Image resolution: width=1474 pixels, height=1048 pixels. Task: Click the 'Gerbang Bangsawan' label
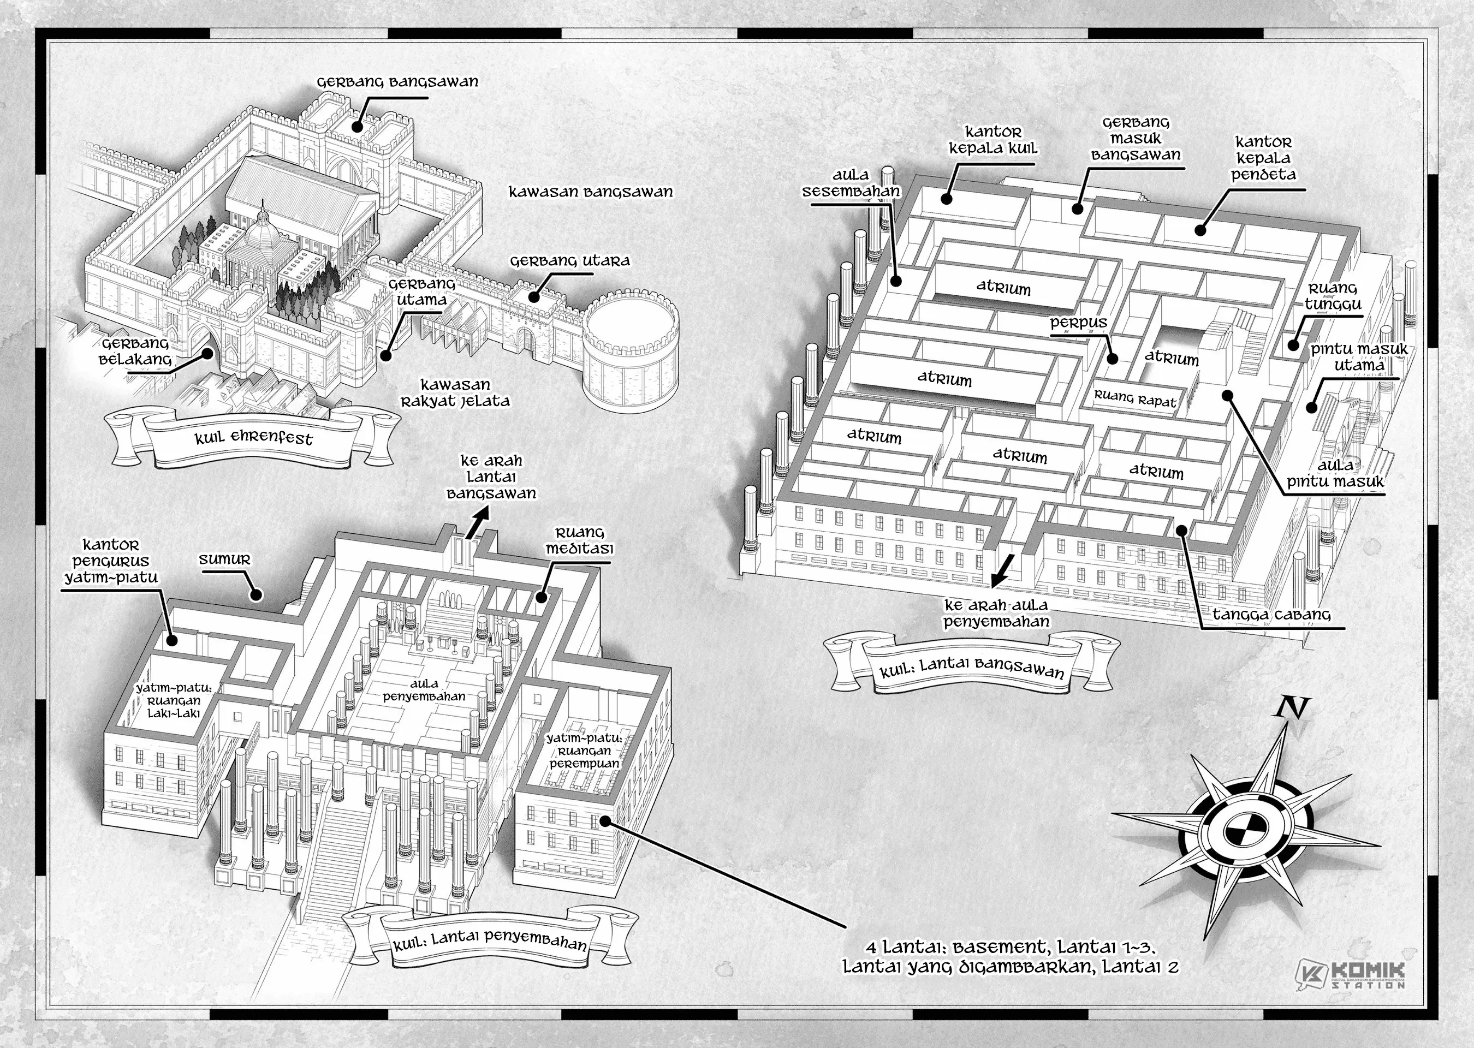click(397, 82)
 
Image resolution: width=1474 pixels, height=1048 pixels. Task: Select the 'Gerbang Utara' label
click(569, 261)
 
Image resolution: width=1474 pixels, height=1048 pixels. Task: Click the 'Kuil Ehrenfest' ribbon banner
click(253, 439)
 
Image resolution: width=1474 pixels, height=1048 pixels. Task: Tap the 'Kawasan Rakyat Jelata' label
click(455, 393)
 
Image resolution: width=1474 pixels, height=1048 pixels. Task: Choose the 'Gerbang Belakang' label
click(134, 352)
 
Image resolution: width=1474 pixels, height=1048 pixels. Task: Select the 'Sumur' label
click(224, 559)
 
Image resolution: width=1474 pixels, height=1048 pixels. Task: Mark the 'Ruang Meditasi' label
click(579, 541)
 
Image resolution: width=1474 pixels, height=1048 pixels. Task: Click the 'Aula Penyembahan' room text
click(424, 690)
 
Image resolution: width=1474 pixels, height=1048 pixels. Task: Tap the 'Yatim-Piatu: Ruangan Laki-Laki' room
click(173, 701)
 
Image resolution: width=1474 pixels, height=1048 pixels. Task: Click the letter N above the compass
click(1293, 708)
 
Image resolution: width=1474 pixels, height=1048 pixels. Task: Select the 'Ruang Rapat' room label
click(1134, 400)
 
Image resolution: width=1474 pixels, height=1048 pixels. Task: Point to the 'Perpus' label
click(1078, 323)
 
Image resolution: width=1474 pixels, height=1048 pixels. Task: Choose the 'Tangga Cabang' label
click(1271, 615)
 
